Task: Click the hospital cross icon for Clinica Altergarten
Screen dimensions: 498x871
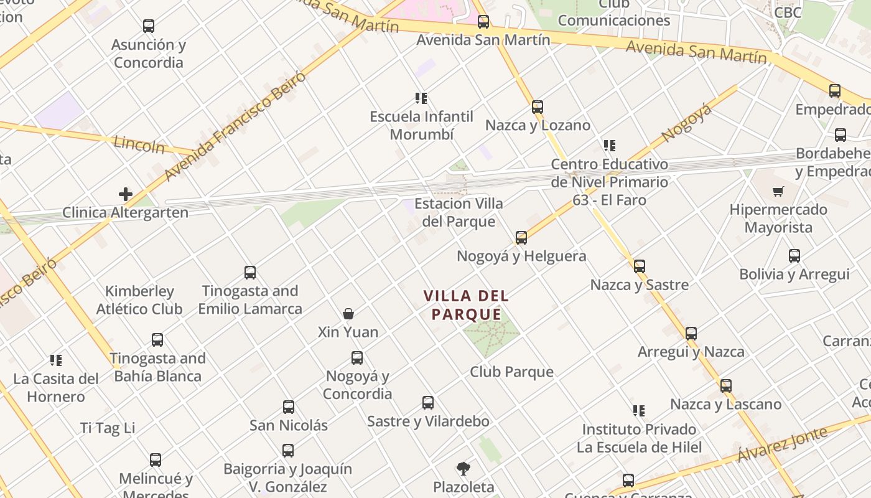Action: click(126, 194)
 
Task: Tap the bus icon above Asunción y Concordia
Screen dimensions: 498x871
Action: click(148, 26)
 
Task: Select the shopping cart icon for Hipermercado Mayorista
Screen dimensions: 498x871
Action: click(778, 191)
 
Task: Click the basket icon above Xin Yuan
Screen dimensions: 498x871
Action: click(348, 314)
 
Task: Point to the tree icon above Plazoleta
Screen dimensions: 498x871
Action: click(463, 468)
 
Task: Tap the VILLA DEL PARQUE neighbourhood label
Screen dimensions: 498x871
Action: click(466, 305)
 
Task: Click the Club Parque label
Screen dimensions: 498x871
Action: click(511, 372)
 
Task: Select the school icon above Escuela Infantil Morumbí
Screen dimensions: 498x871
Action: click(421, 98)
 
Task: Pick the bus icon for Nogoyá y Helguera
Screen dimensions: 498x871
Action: click(521, 238)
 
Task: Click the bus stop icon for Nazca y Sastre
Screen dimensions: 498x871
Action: click(640, 266)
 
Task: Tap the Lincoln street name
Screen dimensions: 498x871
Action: click(139, 145)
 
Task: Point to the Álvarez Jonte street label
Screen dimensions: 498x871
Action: click(782, 444)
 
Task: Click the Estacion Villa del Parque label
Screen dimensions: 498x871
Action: click(459, 212)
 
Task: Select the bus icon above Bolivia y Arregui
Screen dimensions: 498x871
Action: click(794, 256)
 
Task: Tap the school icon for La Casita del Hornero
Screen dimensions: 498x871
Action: click(56, 360)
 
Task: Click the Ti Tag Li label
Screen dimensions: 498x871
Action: click(108, 428)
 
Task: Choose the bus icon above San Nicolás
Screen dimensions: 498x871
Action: click(289, 407)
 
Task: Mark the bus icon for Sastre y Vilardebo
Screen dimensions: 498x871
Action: click(428, 403)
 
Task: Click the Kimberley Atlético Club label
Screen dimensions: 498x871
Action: click(139, 300)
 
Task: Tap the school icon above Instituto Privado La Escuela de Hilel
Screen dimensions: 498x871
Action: click(639, 411)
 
